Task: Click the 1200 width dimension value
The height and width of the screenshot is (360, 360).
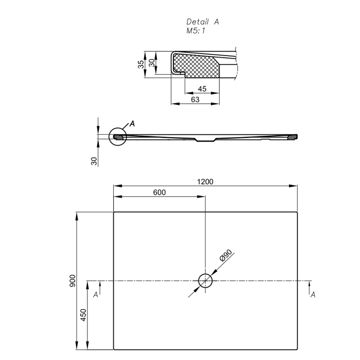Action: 205,181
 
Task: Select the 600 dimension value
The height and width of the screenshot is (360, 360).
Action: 159,192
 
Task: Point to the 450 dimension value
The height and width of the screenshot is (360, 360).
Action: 85,315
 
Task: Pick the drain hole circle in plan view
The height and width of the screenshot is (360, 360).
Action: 205,281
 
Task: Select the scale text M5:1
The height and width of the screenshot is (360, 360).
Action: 196,31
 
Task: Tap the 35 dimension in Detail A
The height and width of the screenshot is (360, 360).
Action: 140,64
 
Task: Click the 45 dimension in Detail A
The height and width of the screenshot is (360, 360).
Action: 202,89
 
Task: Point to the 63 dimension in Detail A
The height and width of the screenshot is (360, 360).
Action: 195,99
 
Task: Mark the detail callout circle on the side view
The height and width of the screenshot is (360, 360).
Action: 117,137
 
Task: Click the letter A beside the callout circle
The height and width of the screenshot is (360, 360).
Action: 132,124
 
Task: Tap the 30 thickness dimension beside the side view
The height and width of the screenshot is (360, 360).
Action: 94,160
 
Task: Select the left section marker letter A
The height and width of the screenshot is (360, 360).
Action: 96,295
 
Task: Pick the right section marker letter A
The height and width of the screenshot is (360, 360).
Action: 313,294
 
